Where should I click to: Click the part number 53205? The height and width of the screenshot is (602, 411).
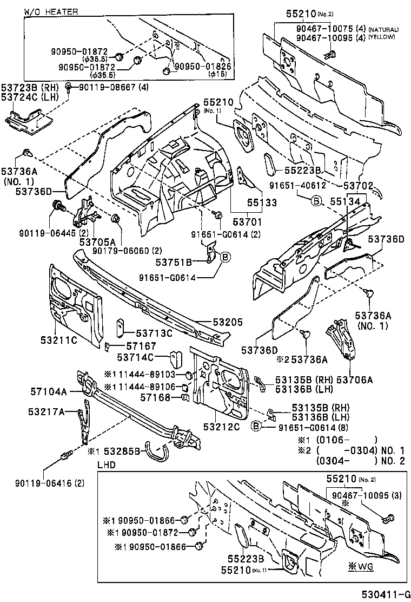click(x=216, y=323)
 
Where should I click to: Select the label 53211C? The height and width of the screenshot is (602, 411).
click(x=58, y=340)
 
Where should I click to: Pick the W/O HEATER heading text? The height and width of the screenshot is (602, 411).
click(x=51, y=11)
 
